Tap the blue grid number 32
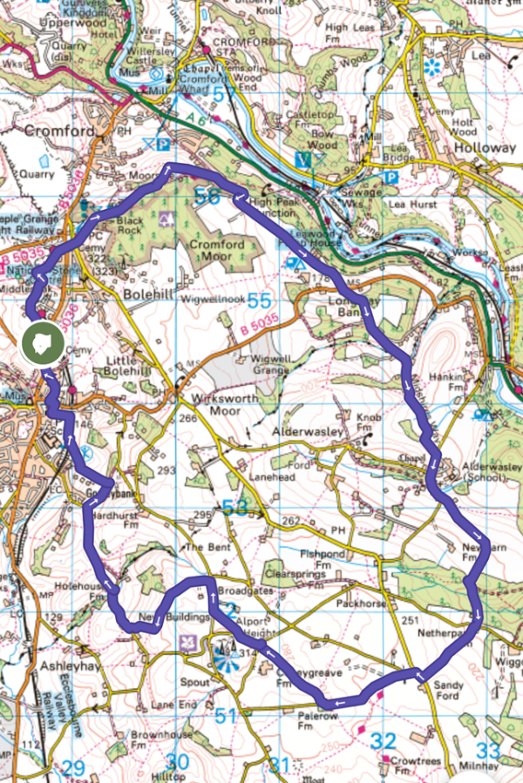point(383,741)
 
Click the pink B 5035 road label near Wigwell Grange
point(260,330)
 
